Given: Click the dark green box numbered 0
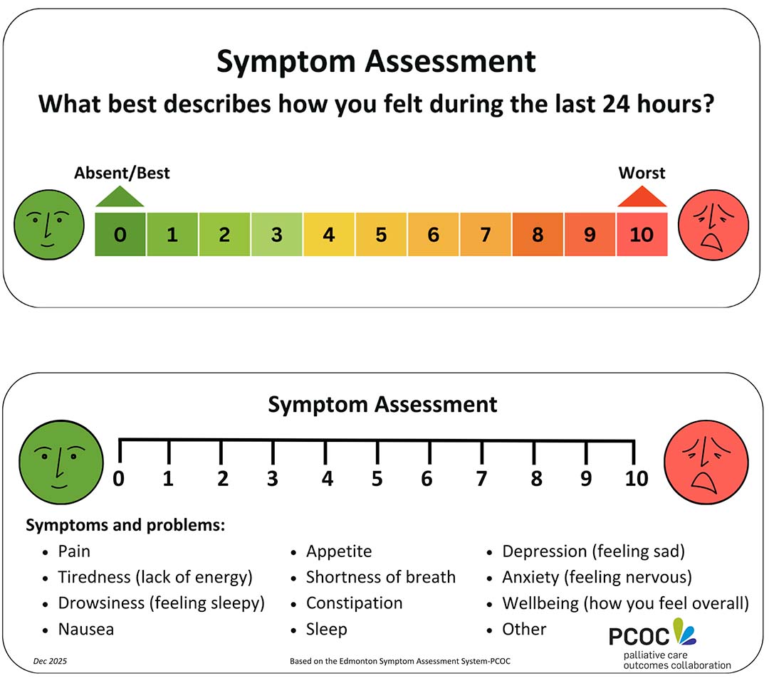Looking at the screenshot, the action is pyautogui.click(x=120, y=234).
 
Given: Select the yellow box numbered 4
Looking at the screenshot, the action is pyautogui.click(x=329, y=234).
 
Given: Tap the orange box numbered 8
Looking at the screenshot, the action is pyautogui.click(x=538, y=234).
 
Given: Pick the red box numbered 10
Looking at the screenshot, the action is pyautogui.click(x=642, y=234).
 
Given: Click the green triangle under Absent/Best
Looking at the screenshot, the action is pyautogui.click(x=120, y=197).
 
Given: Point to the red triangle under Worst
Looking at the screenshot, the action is pyautogui.click(x=642, y=197).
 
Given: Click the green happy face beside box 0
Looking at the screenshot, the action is pyautogui.click(x=49, y=225).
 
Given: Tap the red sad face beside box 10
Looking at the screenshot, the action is pyautogui.click(x=713, y=225).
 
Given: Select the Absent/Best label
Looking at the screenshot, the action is pyautogui.click(x=122, y=173).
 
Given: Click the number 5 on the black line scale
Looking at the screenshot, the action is pyautogui.click(x=377, y=479).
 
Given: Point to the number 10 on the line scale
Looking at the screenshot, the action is pyautogui.click(x=637, y=479).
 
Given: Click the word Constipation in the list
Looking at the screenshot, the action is pyautogui.click(x=354, y=603).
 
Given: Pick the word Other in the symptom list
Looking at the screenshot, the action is pyautogui.click(x=524, y=629).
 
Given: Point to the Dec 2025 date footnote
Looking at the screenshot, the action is pyautogui.click(x=50, y=661).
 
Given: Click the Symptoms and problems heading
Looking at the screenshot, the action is pyautogui.click(x=125, y=525).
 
